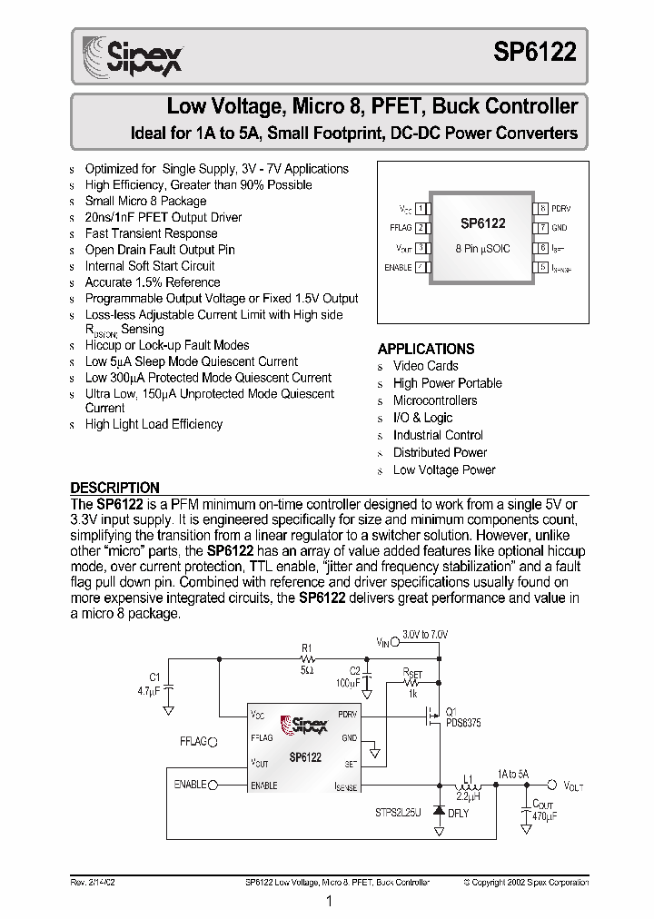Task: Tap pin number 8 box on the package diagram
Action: (541, 209)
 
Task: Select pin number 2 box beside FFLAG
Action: (420, 228)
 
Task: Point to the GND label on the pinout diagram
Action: (559, 228)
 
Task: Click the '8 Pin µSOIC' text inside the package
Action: (482, 247)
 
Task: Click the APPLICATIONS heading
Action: (425, 349)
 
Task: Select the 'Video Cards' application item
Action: (425, 366)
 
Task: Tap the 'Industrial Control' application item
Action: (438, 435)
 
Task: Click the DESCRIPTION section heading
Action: (115, 487)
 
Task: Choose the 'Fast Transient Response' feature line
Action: (151, 233)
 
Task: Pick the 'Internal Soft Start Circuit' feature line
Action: (150, 266)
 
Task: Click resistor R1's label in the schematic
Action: (307, 649)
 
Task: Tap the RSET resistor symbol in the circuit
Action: (413, 682)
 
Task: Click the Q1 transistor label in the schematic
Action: (451, 711)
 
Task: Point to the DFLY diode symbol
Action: (440, 812)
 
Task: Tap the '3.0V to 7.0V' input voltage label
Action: (424, 635)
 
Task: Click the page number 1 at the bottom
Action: (328, 901)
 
